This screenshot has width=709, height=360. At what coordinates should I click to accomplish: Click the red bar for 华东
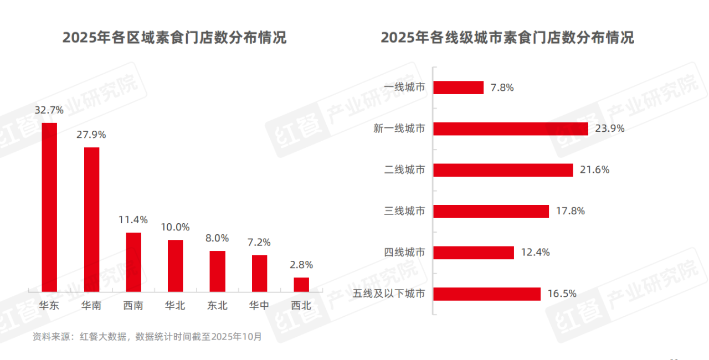click(x=50, y=206)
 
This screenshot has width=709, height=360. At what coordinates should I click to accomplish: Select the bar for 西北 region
click(x=301, y=284)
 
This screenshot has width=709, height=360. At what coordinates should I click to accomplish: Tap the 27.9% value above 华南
click(x=91, y=135)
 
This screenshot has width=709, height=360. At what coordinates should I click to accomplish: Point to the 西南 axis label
click(x=133, y=305)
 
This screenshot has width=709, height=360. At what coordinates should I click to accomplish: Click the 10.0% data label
click(x=176, y=227)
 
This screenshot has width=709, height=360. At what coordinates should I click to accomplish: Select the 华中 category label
click(x=259, y=305)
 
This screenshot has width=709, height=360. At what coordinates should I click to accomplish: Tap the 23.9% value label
click(x=610, y=128)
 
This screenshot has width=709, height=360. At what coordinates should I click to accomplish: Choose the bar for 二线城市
click(x=503, y=170)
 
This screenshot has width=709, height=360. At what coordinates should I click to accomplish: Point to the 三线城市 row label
click(x=405, y=211)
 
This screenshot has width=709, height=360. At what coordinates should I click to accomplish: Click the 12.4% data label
click(x=535, y=253)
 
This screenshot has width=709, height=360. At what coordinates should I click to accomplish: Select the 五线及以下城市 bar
click(x=487, y=294)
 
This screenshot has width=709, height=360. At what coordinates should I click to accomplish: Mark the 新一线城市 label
click(x=399, y=128)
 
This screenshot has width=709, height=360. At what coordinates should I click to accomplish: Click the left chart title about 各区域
click(x=174, y=38)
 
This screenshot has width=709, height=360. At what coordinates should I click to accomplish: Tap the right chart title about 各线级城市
click(x=507, y=38)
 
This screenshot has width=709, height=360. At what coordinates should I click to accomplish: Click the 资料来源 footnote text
click(x=147, y=336)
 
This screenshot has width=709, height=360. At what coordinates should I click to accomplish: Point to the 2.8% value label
click(x=301, y=265)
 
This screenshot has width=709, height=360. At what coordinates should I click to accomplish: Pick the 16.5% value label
click(x=562, y=294)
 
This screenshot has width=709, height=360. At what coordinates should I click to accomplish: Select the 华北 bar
click(x=176, y=265)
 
